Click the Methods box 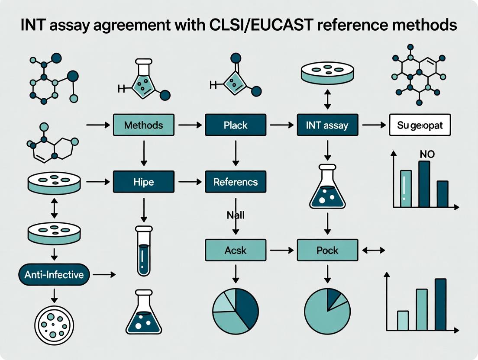click(143, 125)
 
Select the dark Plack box click(236, 125)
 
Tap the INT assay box click(327, 126)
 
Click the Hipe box click(143, 182)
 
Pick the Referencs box click(236, 182)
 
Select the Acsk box click(236, 251)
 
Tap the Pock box click(327, 251)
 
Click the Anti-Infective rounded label click(54, 274)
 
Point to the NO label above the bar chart click(427, 154)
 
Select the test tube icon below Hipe click(143, 251)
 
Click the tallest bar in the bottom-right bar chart click(440, 305)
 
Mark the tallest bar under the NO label click(424, 184)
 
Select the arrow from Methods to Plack click(190, 125)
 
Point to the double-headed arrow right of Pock click(374, 251)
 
